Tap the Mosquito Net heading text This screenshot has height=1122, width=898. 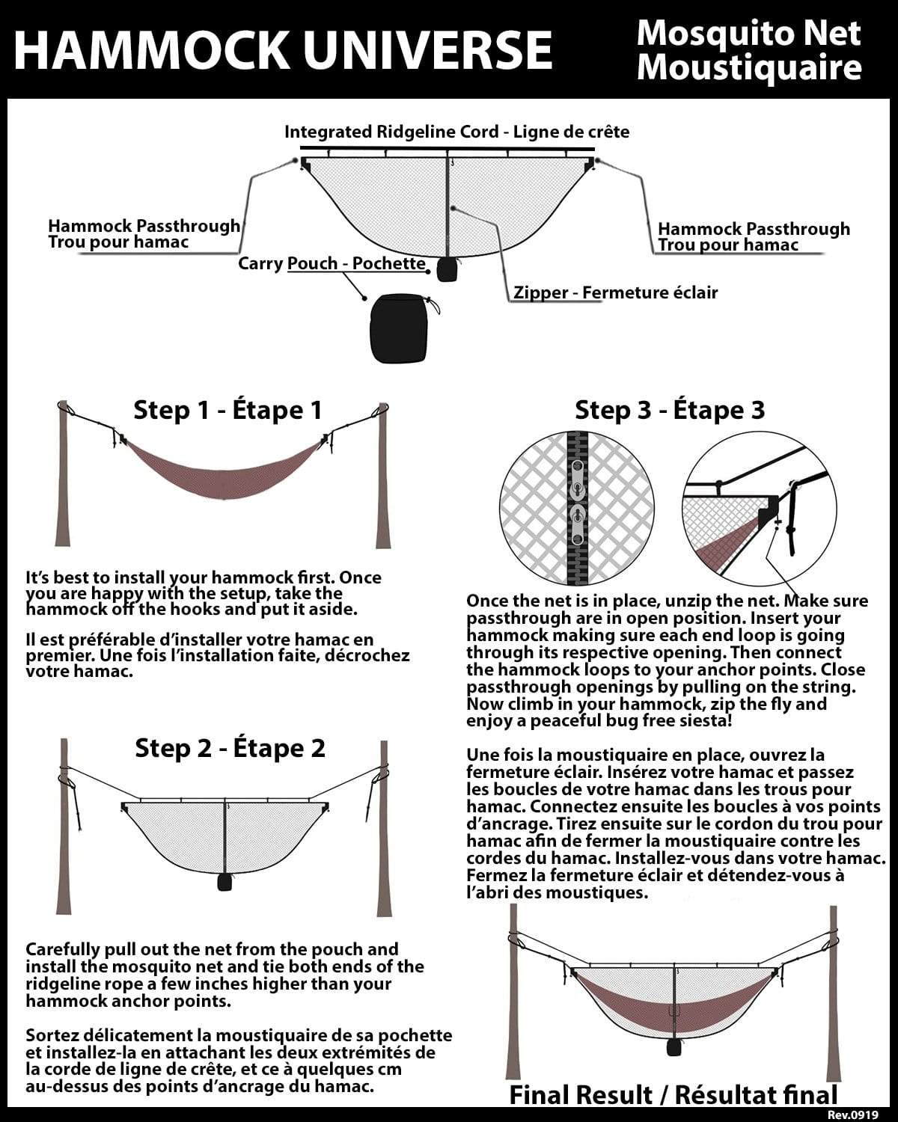pyautogui.click(x=748, y=33)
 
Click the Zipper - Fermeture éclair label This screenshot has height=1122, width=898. pyautogui.click(x=615, y=292)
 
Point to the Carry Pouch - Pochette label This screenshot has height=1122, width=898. pyautogui.click(x=332, y=263)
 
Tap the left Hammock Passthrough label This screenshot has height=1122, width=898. pyautogui.click(x=144, y=233)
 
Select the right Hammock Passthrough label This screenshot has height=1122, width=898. pyautogui.click(x=753, y=236)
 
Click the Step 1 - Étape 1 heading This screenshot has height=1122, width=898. pyautogui.click(x=227, y=410)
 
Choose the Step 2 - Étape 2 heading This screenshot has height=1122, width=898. pyautogui.click(x=230, y=748)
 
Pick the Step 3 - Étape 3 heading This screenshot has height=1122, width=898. pyautogui.click(x=669, y=410)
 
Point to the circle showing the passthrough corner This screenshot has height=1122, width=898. pyautogui.click(x=757, y=509)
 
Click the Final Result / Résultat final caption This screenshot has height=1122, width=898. pyautogui.click(x=673, y=1095)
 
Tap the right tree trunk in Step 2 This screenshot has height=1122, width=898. pyautogui.click(x=383, y=830)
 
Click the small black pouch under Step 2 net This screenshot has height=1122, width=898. pyautogui.click(x=223, y=882)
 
